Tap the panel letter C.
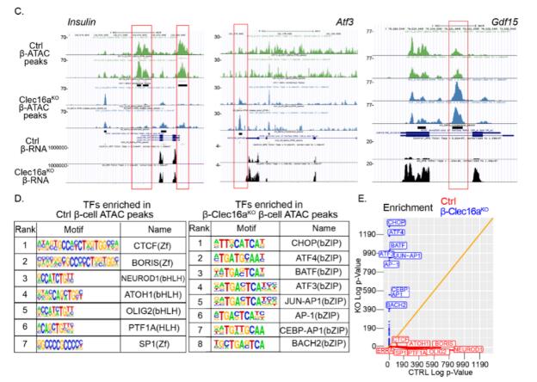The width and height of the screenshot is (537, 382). (x=8, y=5)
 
